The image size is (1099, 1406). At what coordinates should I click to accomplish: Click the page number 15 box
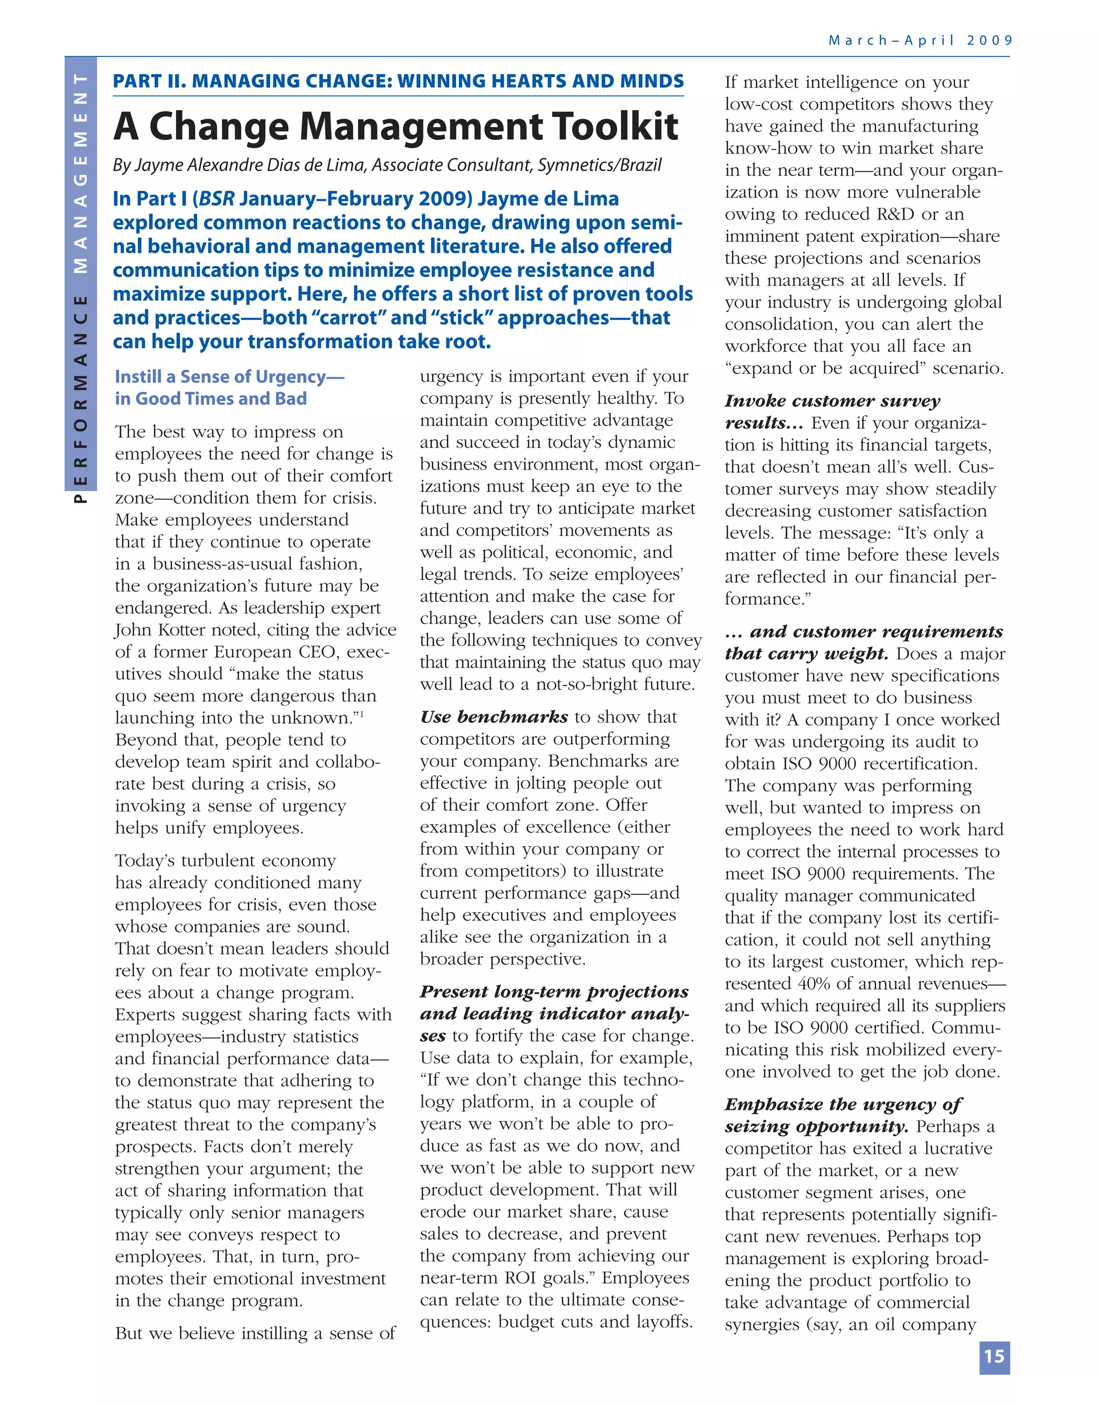click(x=994, y=1357)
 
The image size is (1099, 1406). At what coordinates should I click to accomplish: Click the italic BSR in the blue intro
click(x=217, y=199)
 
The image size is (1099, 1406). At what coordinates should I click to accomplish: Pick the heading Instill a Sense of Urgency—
click(x=229, y=377)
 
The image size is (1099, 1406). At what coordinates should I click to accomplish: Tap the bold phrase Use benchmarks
click(x=494, y=717)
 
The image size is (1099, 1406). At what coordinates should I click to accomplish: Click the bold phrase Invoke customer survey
click(x=832, y=401)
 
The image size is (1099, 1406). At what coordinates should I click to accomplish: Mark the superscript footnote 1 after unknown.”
click(x=362, y=713)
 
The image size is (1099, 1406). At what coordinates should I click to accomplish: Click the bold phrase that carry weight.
click(x=806, y=654)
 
